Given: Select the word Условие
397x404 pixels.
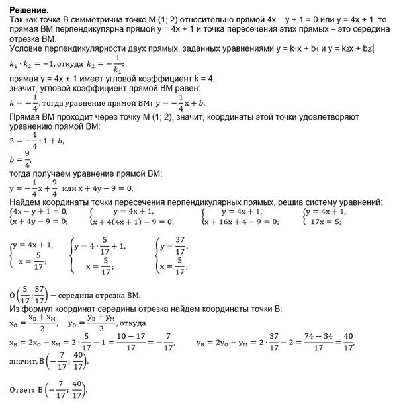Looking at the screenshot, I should click(29, 50).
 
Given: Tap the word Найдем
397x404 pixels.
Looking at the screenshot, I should click(29, 202).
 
